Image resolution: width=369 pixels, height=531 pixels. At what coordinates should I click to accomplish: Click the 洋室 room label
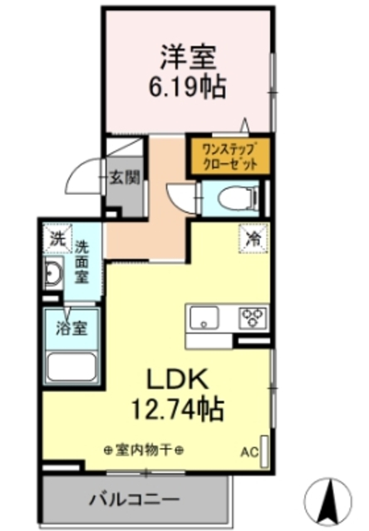click(x=189, y=56)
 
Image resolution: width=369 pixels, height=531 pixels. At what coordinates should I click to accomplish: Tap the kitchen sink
click(x=204, y=318)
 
